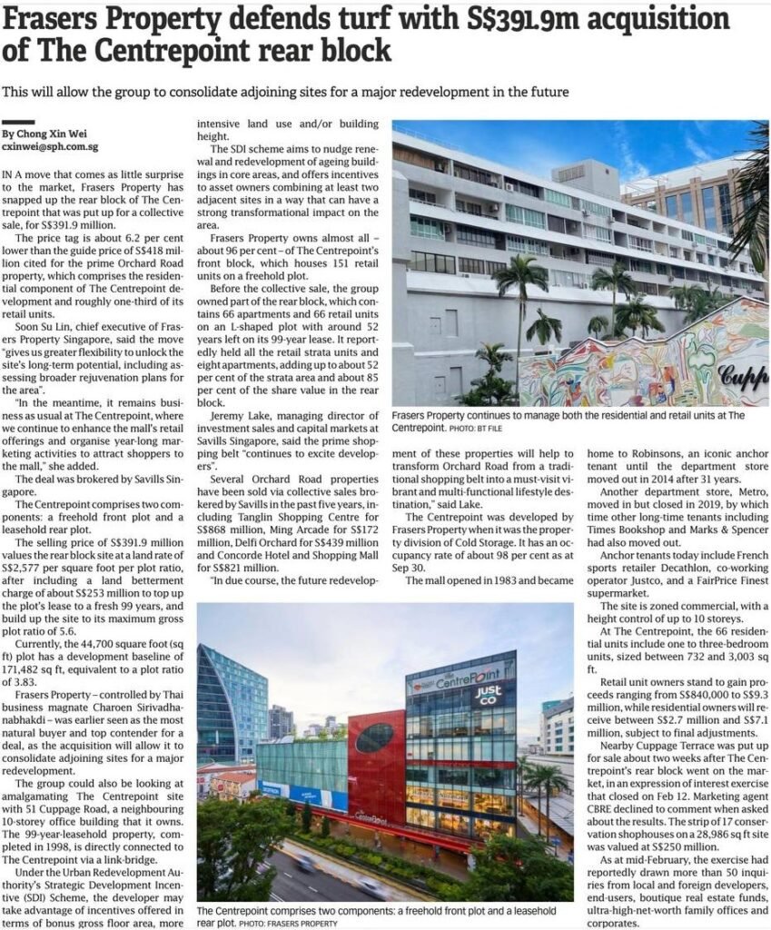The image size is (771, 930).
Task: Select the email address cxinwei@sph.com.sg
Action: (50, 145)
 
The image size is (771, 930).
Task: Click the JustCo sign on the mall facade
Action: (489, 696)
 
